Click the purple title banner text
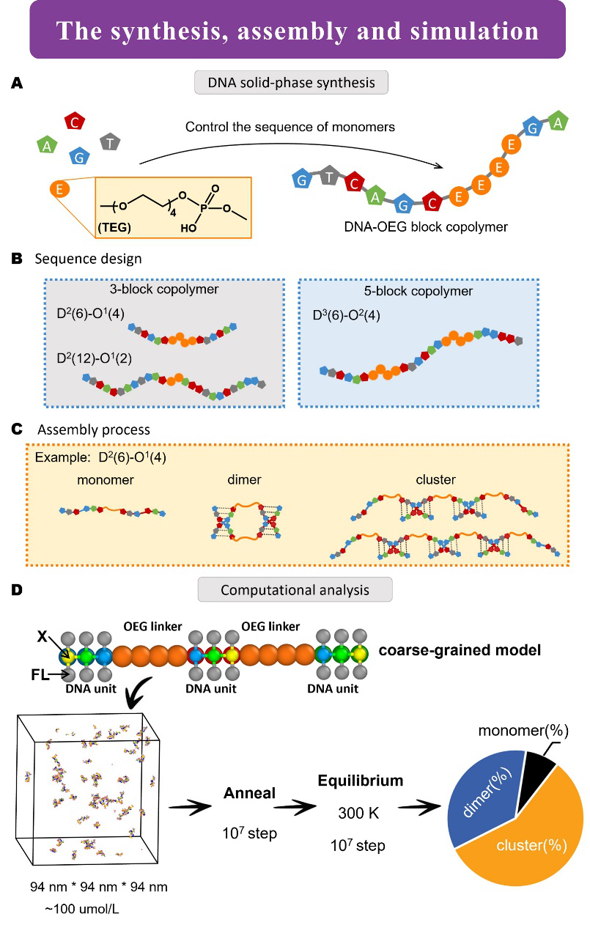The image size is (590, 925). click(x=298, y=31)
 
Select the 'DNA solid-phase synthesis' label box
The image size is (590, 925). click(x=291, y=83)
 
